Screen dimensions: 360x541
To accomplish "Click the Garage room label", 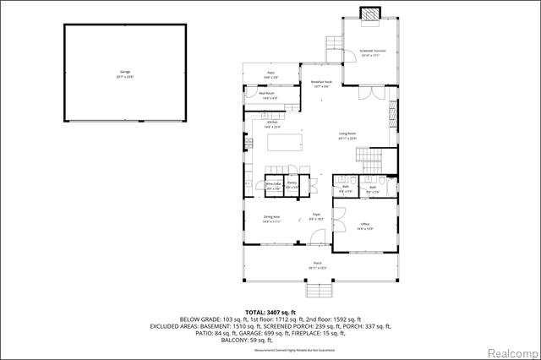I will click(126, 73).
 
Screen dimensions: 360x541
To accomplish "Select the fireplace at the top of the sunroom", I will click(369, 14).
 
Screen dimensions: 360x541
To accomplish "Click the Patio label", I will click(271, 75).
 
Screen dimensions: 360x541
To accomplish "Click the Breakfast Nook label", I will click(320, 84).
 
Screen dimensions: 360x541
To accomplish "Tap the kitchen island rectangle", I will click(290, 140).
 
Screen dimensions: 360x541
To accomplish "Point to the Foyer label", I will click(316, 216).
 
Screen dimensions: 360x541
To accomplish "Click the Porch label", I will click(318, 265).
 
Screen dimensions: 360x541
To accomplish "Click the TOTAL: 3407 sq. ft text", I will click(270, 312).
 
